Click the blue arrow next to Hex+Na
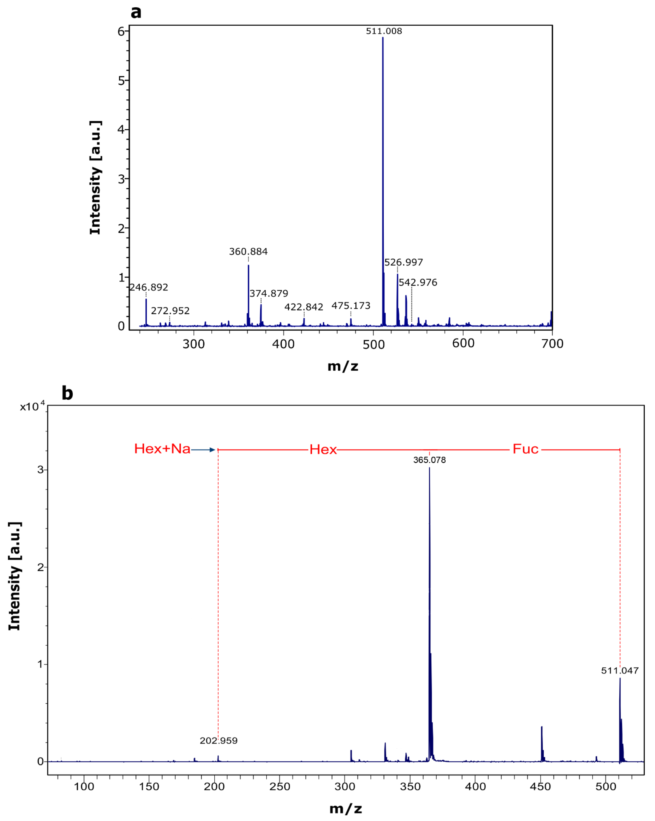click(x=203, y=450)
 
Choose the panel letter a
click(x=136, y=12)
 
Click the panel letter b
click(x=67, y=393)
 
